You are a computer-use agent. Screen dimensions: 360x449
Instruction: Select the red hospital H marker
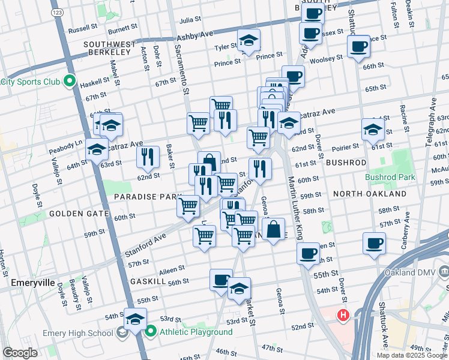point(343,314)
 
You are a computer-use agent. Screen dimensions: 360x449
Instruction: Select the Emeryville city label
point(33,282)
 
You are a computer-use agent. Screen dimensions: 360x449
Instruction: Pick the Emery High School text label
point(77,334)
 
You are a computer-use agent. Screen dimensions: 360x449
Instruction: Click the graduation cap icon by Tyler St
point(249,40)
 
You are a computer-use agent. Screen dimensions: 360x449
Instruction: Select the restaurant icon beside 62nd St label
point(148,157)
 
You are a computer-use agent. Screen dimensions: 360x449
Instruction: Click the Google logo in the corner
point(20,353)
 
